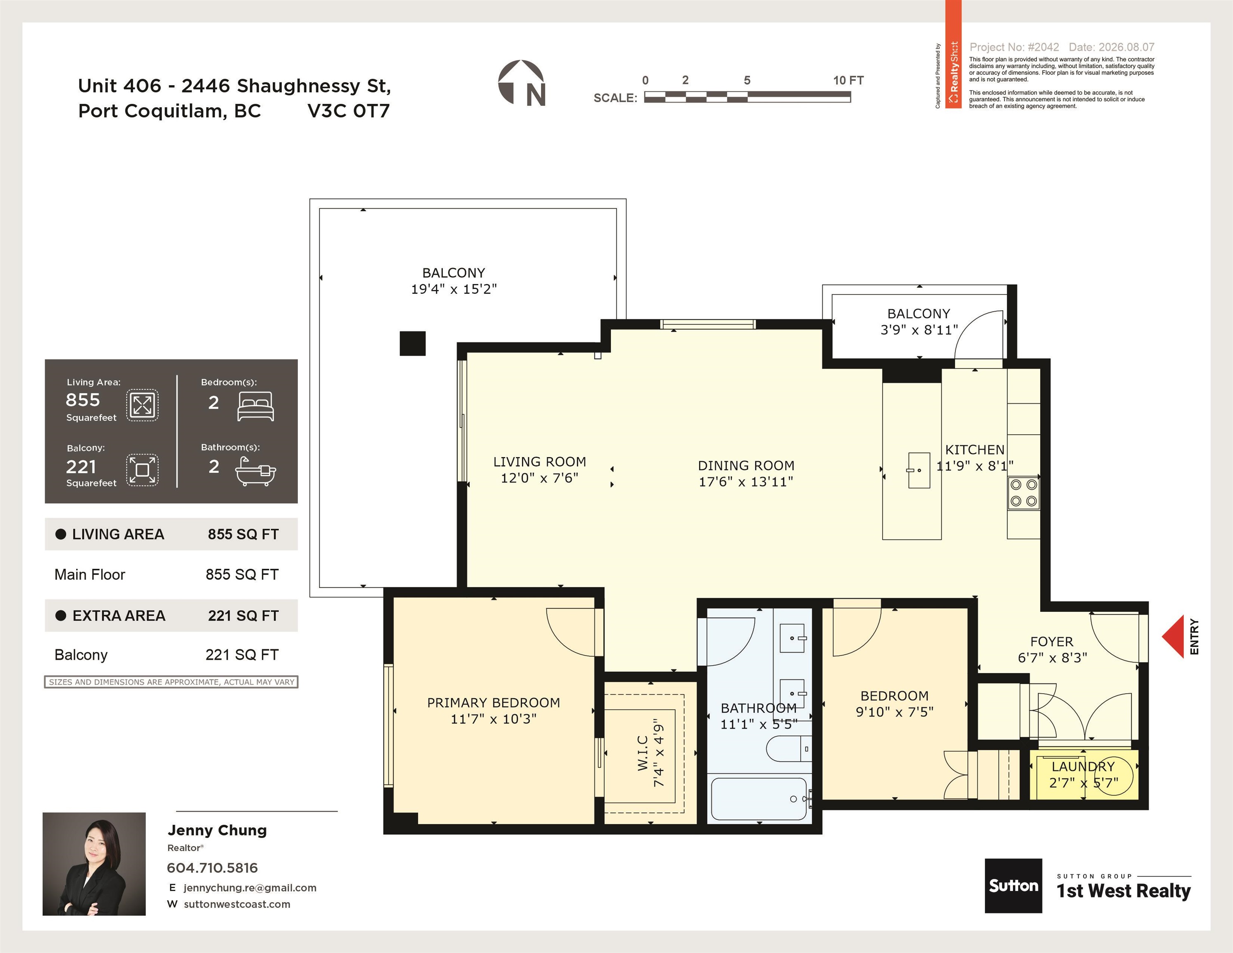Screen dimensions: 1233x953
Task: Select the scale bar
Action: click(747, 97)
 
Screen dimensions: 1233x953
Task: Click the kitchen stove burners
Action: click(1024, 492)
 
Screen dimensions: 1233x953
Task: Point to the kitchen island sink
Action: click(919, 470)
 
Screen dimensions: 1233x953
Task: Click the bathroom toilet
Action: click(789, 749)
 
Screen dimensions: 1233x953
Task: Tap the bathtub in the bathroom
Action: click(759, 799)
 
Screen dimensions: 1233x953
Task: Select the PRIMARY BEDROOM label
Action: click(493, 702)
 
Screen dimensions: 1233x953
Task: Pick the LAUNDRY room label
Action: click(1083, 766)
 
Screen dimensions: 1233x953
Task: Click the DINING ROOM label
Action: click(746, 465)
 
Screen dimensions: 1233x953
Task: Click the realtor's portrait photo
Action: click(94, 864)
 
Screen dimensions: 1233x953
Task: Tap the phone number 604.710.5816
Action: click(212, 868)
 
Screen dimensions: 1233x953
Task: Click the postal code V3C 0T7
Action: click(348, 111)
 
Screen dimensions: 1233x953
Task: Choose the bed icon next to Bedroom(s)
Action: click(256, 407)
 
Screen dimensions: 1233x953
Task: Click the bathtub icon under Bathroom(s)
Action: click(256, 472)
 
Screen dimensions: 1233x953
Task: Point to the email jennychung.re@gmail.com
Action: click(249, 888)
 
